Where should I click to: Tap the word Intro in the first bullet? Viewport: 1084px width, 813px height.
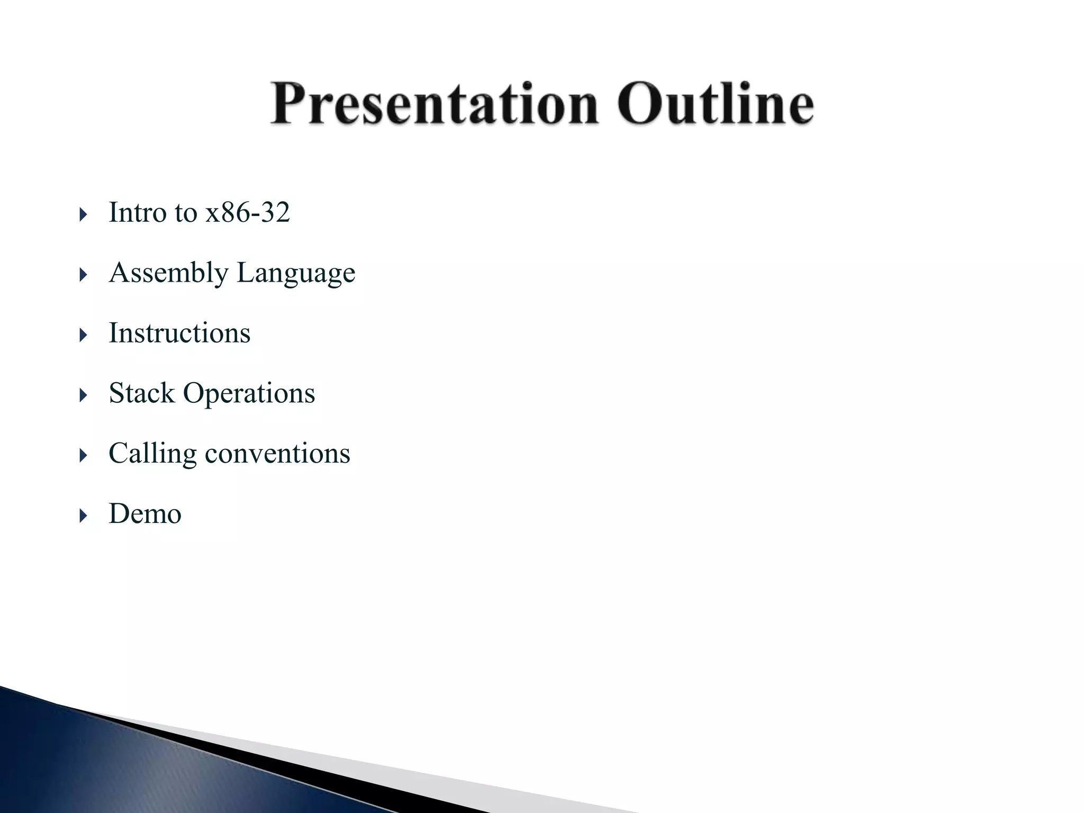click(138, 213)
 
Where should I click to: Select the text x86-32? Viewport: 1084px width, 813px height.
click(248, 213)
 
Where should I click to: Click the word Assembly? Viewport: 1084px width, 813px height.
click(168, 274)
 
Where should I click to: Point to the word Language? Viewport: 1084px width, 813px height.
click(296, 274)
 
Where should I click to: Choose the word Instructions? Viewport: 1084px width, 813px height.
click(179, 333)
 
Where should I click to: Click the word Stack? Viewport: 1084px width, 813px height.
click(141, 394)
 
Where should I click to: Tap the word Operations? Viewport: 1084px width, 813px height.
click(249, 394)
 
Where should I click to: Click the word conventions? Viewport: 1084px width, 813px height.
click(277, 454)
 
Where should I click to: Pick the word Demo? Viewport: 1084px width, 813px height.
click(145, 514)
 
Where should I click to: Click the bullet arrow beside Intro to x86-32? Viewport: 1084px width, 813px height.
click(83, 215)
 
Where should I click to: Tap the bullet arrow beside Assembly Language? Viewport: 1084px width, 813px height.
click(83, 275)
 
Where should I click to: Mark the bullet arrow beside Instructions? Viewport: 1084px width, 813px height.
click(83, 335)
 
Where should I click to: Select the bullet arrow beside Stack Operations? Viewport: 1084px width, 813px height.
click(83, 395)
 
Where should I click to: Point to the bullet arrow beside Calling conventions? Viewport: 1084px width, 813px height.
click(83, 456)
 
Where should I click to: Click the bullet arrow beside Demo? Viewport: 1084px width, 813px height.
click(83, 516)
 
